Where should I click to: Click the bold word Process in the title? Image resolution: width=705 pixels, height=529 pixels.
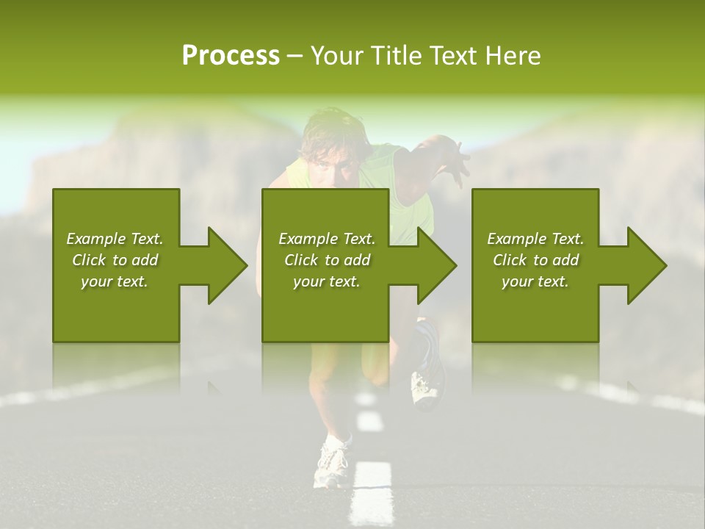tap(231, 56)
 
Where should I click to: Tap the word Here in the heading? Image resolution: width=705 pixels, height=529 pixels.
tap(513, 56)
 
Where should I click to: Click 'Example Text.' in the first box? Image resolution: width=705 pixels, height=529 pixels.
tap(115, 239)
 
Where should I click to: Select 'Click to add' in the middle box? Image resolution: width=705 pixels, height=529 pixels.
tap(327, 260)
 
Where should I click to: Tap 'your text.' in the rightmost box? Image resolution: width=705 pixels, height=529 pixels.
tap(535, 281)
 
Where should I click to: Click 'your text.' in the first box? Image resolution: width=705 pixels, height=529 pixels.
tap(115, 281)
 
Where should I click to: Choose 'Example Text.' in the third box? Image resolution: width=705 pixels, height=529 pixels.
tap(535, 239)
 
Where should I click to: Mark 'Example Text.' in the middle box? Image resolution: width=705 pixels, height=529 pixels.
tap(327, 239)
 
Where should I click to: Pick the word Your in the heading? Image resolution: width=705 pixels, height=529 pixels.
tap(336, 56)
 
